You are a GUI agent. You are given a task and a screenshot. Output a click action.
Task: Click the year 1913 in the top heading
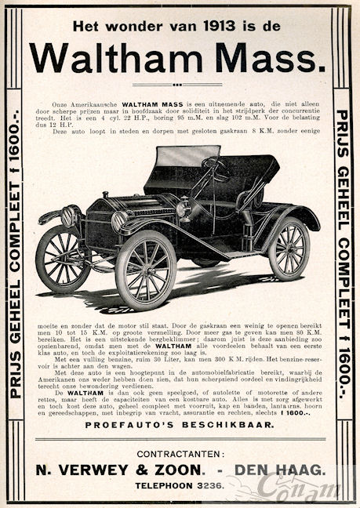pyautogui.click(x=216, y=25)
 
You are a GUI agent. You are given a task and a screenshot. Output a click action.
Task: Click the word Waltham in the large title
pyautogui.click(x=118, y=57)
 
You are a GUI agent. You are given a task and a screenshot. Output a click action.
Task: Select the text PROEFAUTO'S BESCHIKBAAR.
pyautogui.click(x=179, y=424)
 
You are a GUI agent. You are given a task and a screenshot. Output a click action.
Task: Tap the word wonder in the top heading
pyautogui.click(x=129, y=25)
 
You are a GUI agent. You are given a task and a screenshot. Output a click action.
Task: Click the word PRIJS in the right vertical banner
pyautogui.click(x=342, y=129)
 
